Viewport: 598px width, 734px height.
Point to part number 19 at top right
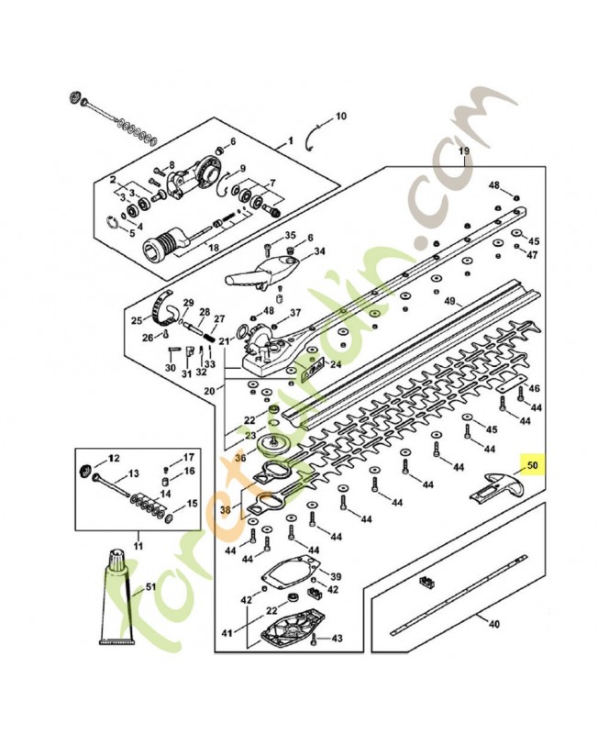[463, 150]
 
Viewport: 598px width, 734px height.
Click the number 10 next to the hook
[340, 117]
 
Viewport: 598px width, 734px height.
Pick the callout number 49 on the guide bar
[449, 301]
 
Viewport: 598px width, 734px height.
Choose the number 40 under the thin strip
[493, 625]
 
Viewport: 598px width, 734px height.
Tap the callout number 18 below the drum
[213, 248]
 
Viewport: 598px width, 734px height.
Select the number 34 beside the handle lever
[319, 251]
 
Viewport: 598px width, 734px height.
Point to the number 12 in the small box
[115, 457]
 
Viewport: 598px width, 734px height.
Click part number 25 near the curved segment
[137, 320]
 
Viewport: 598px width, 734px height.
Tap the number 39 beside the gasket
[335, 576]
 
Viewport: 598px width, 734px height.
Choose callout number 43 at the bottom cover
[337, 638]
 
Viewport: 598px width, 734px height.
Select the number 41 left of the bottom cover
[227, 632]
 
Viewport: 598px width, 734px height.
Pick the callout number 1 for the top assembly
[291, 141]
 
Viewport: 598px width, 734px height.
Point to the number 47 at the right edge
[531, 254]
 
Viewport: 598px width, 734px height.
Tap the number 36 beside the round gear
[240, 457]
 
